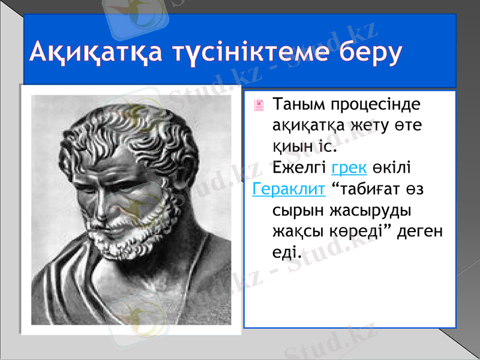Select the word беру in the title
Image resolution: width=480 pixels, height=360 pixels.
tap(367, 53)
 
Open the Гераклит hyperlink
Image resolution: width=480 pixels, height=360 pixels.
tap(289, 189)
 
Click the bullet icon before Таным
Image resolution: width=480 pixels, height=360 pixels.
tap(259, 106)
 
